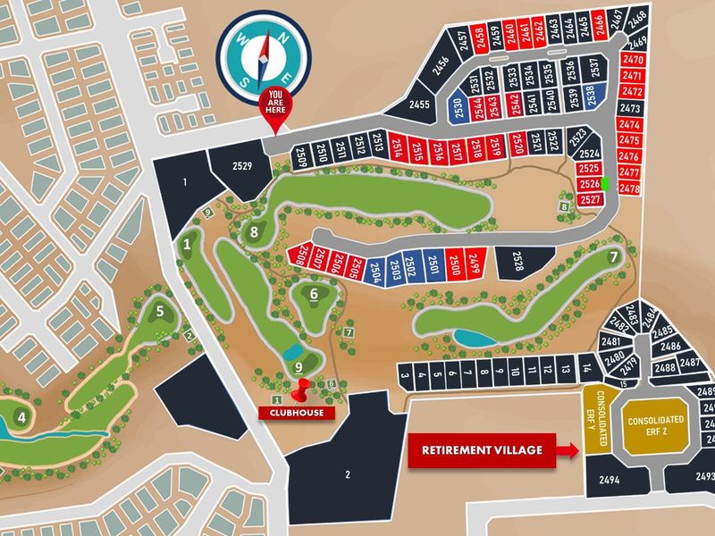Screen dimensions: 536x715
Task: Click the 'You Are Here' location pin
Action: [x=275, y=105]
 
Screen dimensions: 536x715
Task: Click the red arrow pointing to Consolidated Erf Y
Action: [x=567, y=450]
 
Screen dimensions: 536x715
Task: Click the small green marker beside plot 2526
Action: [x=606, y=183]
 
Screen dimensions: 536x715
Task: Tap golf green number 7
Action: [x=613, y=257]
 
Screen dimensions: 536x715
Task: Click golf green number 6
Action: [x=315, y=292]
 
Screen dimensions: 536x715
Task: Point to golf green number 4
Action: [x=21, y=417]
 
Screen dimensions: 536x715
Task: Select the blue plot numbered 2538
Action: [x=590, y=93]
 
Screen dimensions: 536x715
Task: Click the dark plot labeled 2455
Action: [x=420, y=105]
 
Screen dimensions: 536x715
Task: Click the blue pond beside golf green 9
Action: [x=291, y=352]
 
